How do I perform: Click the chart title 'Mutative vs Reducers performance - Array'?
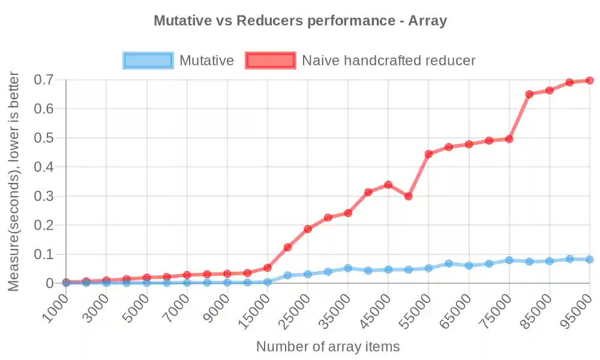pyautogui.click(x=300, y=20)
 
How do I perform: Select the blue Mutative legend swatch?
pyautogui.click(x=148, y=61)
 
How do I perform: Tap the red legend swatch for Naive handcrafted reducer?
pyautogui.click(x=271, y=61)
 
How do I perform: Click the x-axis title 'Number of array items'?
pyautogui.click(x=328, y=347)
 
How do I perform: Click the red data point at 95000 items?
pyautogui.click(x=590, y=80)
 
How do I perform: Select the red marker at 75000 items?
pyautogui.click(x=509, y=139)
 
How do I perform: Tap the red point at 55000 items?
pyautogui.click(x=428, y=154)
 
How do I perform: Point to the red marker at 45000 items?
pyautogui.click(x=388, y=185)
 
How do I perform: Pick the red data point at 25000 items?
pyautogui.click(x=308, y=229)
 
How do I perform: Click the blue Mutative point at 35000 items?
pyautogui.click(x=348, y=268)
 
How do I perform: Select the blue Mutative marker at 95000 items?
pyautogui.click(x=590, y=259)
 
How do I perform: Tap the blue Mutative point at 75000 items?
pyautogui.click(x=509, y=260)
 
